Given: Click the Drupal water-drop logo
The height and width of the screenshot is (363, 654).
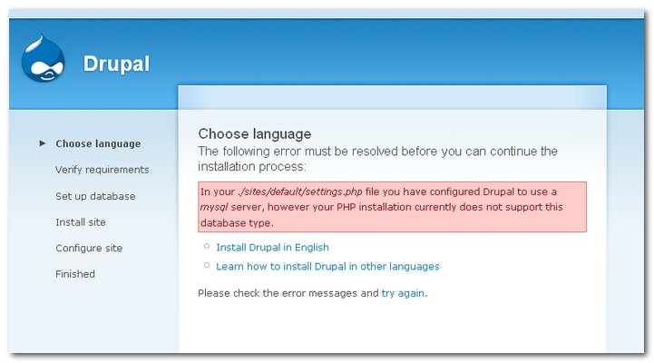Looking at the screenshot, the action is (x=43, y=58).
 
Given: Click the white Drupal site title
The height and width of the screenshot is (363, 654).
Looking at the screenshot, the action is (x=116, y=64).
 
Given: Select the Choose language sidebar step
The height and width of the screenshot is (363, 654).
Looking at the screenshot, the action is (x=98, y=144).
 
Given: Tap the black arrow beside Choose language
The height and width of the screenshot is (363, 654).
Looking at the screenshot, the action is (x=42, y=143).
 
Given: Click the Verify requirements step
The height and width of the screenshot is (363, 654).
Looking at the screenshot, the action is (x=102, y=170).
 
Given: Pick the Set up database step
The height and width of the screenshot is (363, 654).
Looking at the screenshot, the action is (x=95, y=196).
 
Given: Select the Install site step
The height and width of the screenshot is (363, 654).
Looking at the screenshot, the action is (x=81, y=222).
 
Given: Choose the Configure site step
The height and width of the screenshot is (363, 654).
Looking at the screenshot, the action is (x=89, y=249).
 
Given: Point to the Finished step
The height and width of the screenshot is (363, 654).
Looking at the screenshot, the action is (x=75, y=274).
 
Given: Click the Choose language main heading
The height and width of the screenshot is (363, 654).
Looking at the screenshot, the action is (x=254, y=134).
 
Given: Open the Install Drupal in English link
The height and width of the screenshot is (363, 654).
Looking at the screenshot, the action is (x=272, y=248).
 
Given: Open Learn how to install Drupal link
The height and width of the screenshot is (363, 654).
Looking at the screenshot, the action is (x=327, y=266).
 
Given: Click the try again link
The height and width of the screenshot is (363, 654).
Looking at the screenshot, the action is (x=403, y=293).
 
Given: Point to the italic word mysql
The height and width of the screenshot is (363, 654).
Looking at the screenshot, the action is (x=214, y=208).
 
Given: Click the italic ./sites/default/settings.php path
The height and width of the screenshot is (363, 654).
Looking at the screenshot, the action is (x=300, y=191).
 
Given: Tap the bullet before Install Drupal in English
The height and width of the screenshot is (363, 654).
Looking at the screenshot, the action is (x=207, y=246).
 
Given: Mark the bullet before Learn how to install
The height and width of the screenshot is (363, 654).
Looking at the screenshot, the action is (x=207, y=265).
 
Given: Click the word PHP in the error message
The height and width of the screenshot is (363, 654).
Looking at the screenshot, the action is (x=346, y=208).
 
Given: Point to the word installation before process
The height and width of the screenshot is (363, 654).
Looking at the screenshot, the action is (x=226, y=166).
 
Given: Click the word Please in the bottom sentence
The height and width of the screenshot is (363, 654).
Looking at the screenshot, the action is (x=214, y=293).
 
